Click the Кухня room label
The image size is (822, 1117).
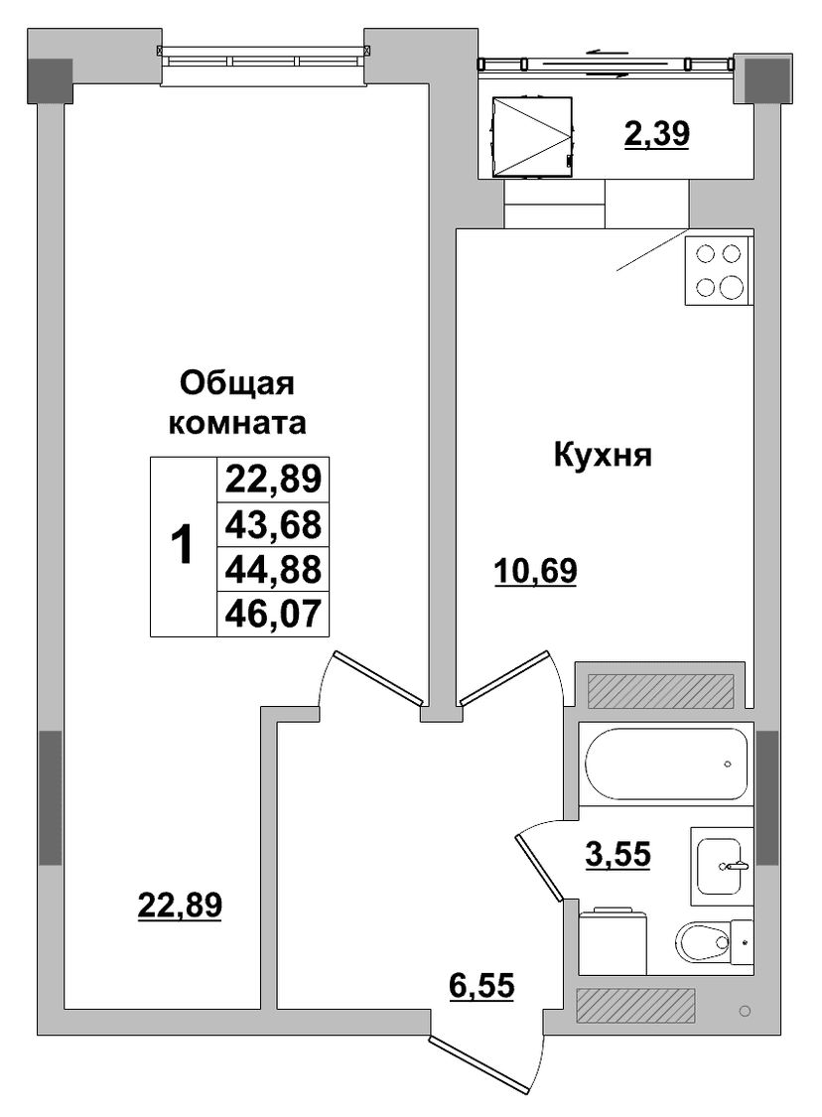tap(603, 455)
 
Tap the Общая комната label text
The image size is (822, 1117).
tap(237, 402)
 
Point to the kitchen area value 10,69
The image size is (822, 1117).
tap(536, 570)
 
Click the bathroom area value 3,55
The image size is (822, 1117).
tap(618, 853)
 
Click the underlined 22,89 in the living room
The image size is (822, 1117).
tap(180, 905)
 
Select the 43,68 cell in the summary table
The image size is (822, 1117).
tap(274, 524)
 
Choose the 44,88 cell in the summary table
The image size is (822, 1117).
tap(274, 569)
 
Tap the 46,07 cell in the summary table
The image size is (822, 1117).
tap(274, 614)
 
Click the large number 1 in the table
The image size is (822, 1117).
tap(183, 544)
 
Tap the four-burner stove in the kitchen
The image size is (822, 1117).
tap(719, 271)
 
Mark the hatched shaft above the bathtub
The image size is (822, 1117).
tap(660, 690)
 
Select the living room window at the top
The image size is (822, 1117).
tap(265, 57)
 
